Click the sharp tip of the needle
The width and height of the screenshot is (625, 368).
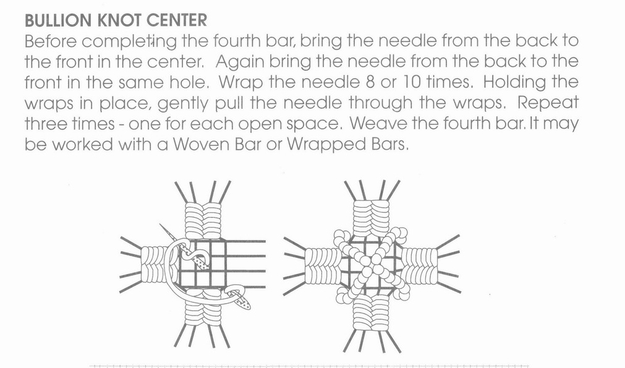160,225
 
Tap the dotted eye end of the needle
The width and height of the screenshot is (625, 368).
243,301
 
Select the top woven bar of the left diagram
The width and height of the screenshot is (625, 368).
203,221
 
